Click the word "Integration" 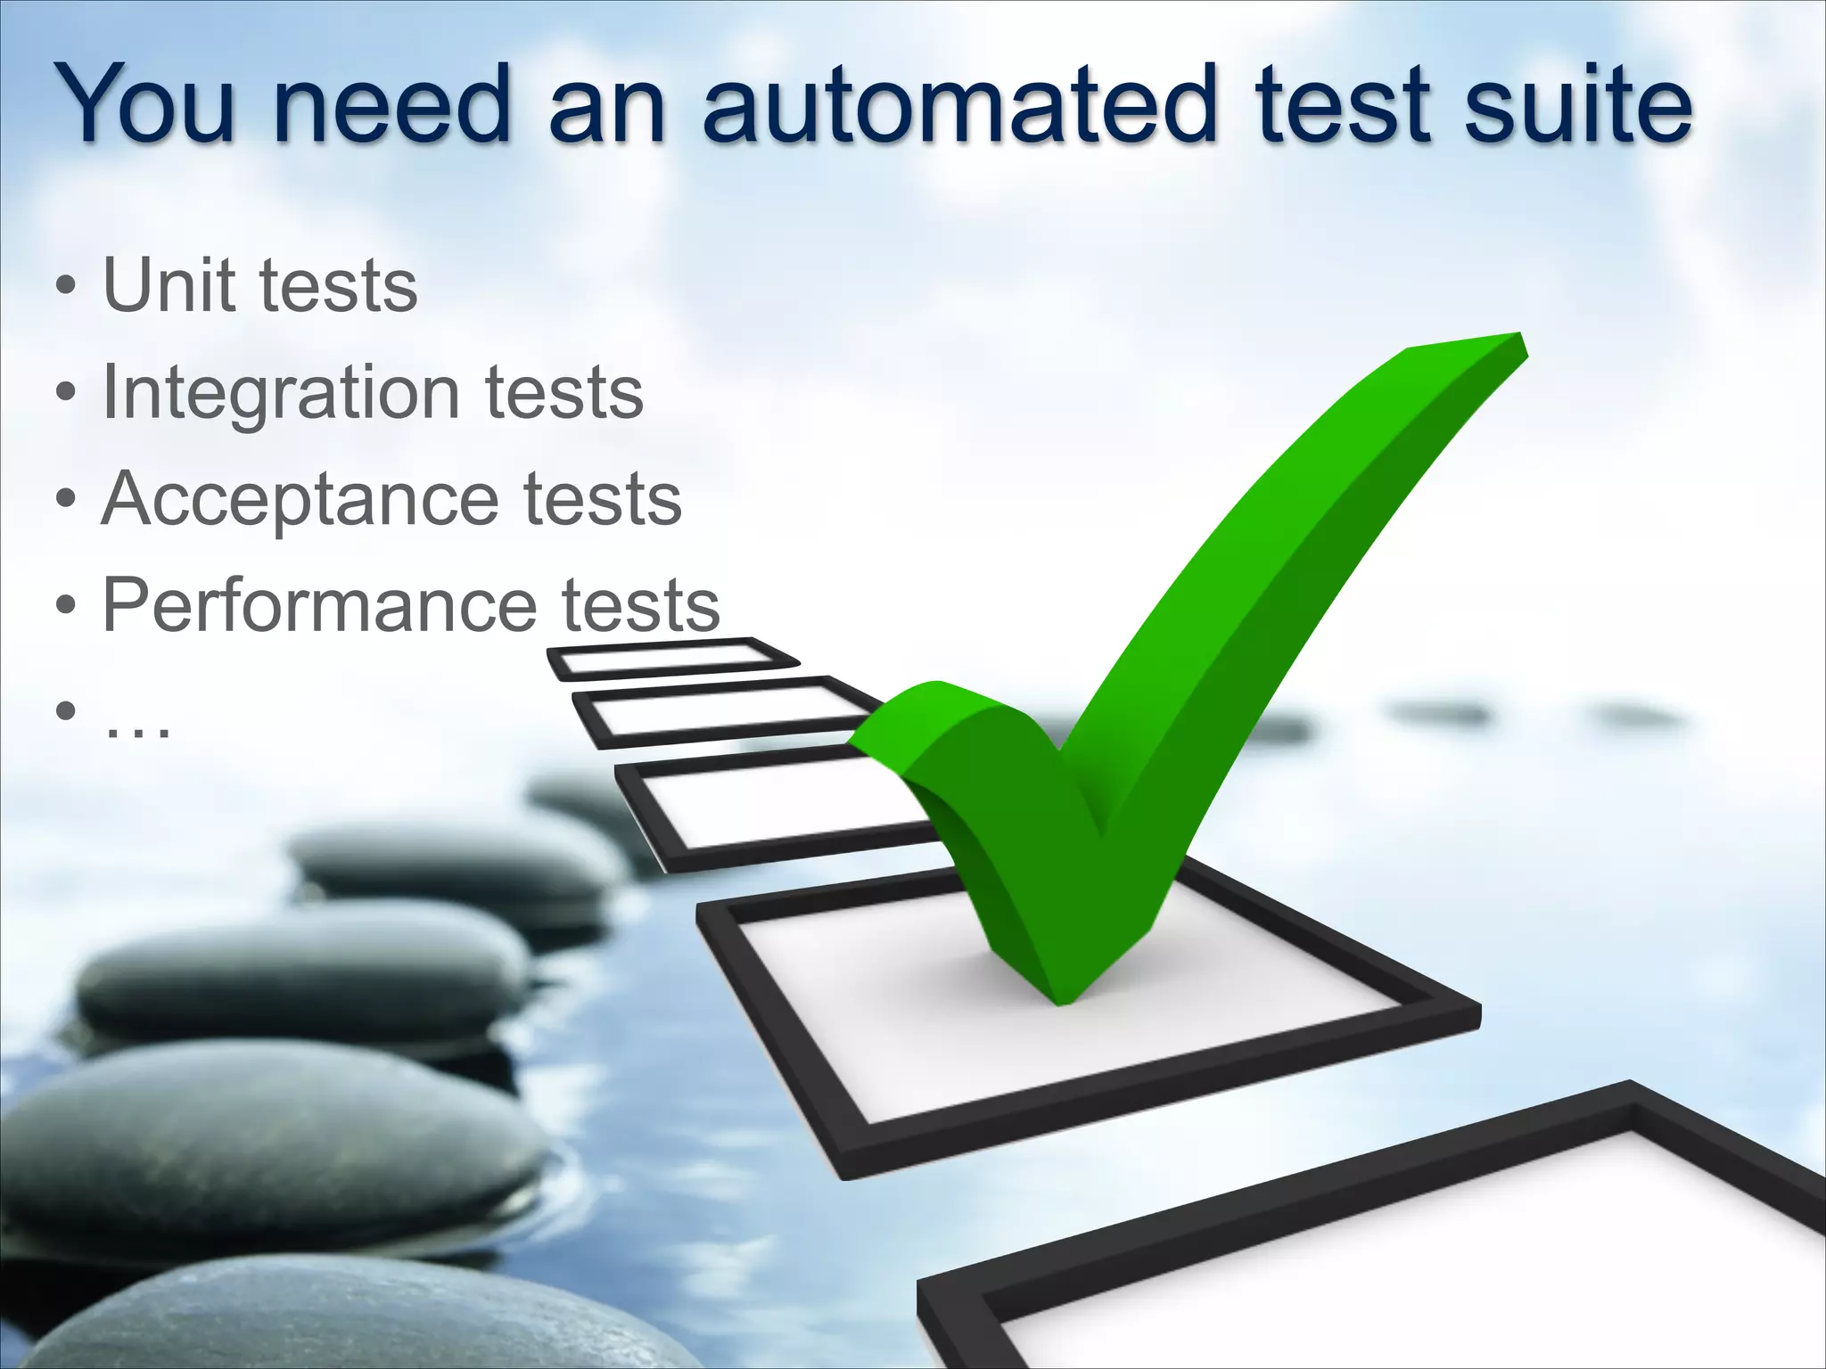click(281, 392)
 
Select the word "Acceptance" click(300, 499)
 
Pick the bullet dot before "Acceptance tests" click(64, 501)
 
